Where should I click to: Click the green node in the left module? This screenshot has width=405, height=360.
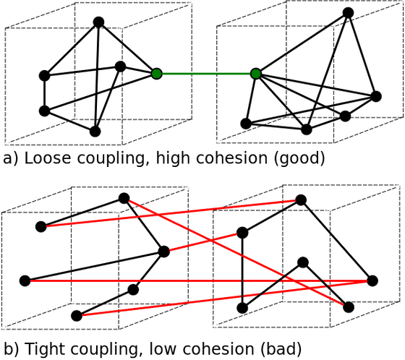(x=156, y=74)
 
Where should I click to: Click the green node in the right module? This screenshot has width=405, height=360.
(x=255, y=74)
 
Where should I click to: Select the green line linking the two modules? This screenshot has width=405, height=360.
(x=206, y=74)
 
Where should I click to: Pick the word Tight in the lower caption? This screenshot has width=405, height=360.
(x=42, y=349)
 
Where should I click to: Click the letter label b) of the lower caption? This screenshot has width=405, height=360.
(x=11, y=349)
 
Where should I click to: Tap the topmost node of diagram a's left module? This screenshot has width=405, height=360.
(x=98, y=22)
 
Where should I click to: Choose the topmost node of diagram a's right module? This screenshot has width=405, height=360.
(x=349, y=12)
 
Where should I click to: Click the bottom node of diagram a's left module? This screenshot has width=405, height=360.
(x=95, y=131)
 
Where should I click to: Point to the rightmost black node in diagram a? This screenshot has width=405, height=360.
(x=376, y=96)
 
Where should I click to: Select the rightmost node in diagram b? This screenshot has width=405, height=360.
(x=372, y=280)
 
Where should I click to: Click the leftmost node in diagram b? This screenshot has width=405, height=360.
(x=25, y=280)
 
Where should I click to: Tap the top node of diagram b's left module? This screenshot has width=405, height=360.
(x=124, y=198)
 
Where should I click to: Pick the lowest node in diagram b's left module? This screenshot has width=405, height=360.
(x=77, y=316)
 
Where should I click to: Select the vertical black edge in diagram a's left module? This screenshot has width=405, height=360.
(x=44, y=93)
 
